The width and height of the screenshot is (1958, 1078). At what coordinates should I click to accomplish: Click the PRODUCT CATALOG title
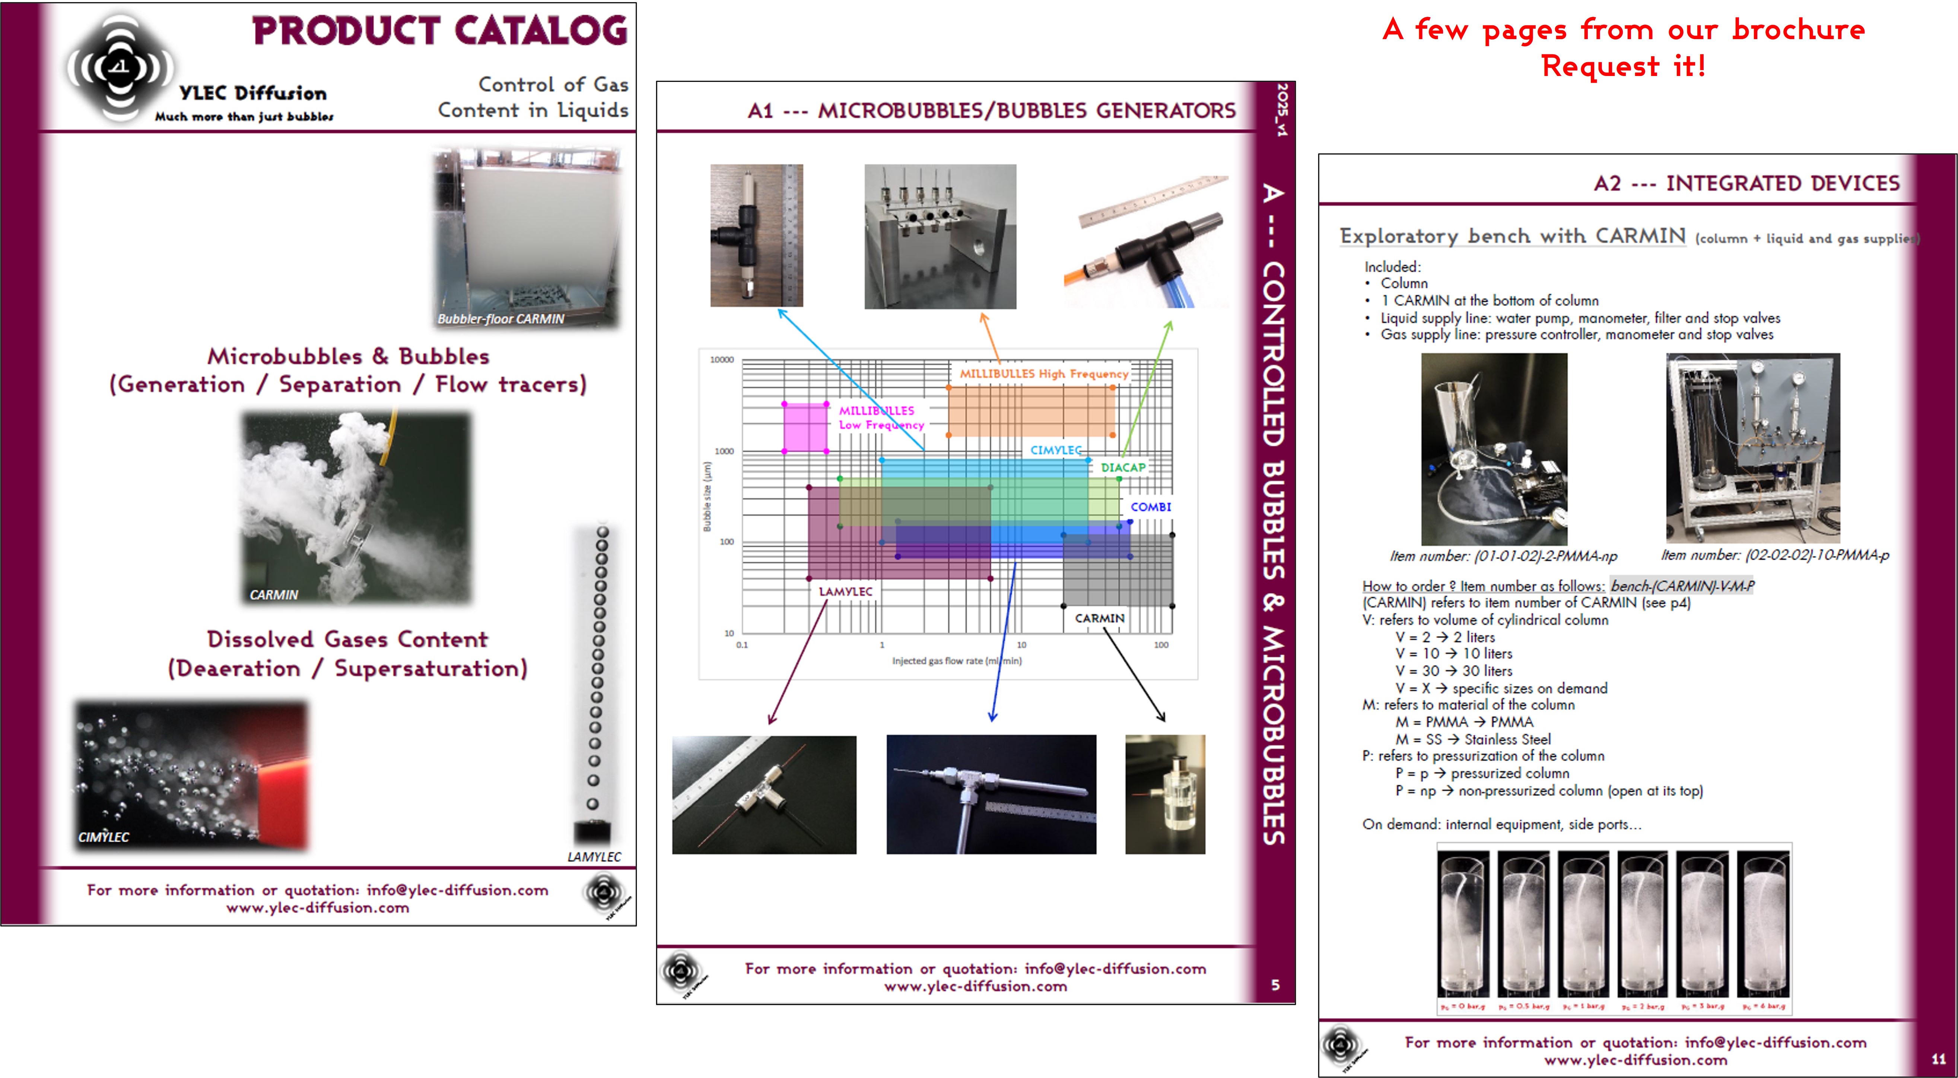440,31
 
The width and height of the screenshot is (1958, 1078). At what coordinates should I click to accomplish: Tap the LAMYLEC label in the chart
845,592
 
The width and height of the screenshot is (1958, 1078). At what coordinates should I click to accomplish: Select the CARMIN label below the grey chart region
1099,618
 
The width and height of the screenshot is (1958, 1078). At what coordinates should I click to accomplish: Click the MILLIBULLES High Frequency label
1043,373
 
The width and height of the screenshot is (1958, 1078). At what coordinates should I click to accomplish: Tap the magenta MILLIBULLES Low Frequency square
805,427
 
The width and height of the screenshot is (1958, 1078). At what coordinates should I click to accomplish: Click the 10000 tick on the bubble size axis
721,359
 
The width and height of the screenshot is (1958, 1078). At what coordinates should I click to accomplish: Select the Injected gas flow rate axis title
956,661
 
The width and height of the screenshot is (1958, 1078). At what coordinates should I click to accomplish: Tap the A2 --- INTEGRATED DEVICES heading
1746,183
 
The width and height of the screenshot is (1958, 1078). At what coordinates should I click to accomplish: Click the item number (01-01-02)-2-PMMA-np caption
1503,556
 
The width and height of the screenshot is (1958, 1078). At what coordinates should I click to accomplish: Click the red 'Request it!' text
1623,66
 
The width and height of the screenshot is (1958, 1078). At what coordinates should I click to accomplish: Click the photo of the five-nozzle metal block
940,237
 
